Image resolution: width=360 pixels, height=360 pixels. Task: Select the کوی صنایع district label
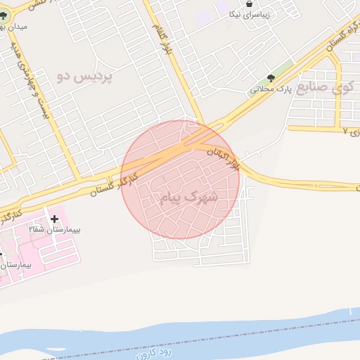(x=329, y=87)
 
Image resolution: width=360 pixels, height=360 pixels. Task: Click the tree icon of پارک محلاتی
(x=271, y=78)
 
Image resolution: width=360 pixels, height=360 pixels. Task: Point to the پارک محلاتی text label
(x=270, y=90)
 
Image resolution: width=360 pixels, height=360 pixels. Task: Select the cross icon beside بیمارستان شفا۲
(x=54, y=219)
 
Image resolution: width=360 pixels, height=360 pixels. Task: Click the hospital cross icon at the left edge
(x=1, y=254)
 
